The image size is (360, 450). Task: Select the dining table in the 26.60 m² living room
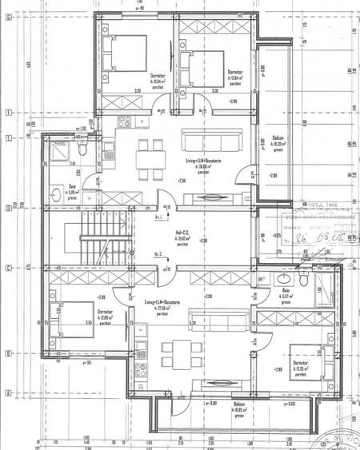[x=146, y=153]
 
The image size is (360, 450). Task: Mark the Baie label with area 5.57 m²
[x=287, y=293]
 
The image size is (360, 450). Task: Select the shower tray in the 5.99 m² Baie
[x=58, y=149]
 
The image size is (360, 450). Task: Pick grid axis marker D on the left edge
[x=7, y=210]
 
